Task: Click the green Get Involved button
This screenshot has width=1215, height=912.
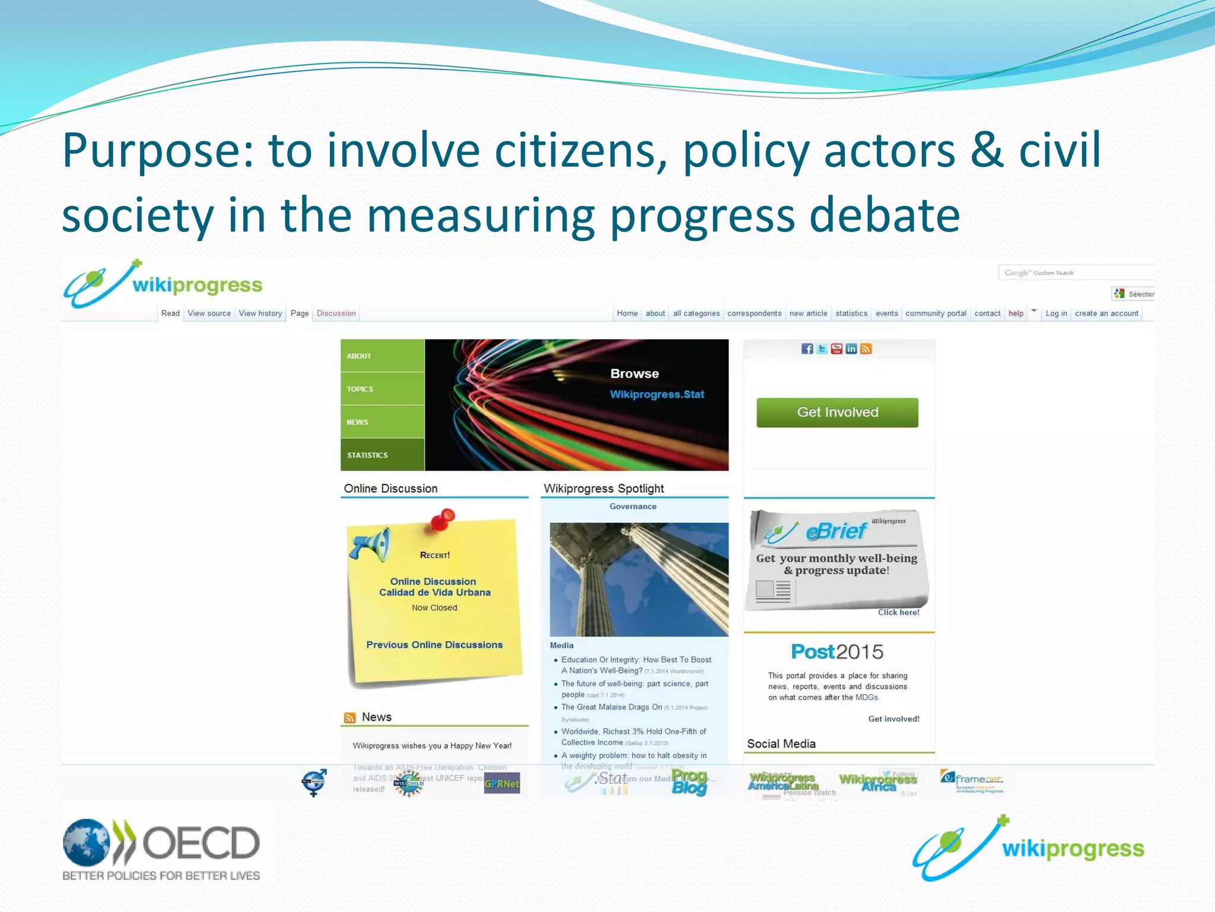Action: [x=837, y=412]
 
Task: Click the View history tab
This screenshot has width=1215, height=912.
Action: [x=260, y=313]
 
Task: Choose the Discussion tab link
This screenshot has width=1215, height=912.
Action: [x=336, y=313]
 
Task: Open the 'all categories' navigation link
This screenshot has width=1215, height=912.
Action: [x=696, y=313]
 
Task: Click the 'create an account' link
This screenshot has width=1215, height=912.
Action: [x=1106, y=313]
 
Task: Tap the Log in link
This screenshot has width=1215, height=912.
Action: [x=1056, y=313]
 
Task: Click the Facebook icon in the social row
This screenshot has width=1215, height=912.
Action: [x=807, y=349]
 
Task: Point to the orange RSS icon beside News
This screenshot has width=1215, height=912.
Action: [x=350, y=718]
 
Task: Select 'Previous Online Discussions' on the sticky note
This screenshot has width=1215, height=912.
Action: [x=434, y=645]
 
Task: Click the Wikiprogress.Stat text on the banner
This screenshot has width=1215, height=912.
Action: [x=657, y=394]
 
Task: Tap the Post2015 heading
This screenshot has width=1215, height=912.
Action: [x=837, y=652]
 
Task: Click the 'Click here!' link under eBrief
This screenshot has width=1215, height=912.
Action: [x=898, y=612]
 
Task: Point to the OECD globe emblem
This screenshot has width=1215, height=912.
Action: [x=87, y=842]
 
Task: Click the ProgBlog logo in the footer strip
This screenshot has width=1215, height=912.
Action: [x=689, y=782]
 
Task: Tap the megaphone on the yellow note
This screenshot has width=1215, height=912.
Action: [x=370, y=543]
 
